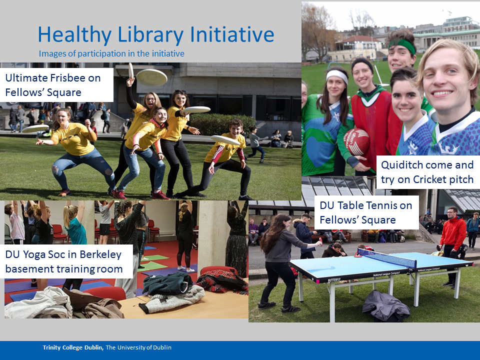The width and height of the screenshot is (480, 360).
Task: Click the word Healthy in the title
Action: click(x=74, y=35)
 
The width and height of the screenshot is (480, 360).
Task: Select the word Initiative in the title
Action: click(x=232, y=34)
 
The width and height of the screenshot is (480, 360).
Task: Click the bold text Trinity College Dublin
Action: click(x=73, y=347)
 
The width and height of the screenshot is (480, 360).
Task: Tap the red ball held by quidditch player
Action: click(x=356, y=141)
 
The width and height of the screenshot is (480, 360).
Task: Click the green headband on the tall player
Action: click(x=402, y=45)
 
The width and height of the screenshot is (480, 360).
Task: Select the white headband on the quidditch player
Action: click(x=336, y=75)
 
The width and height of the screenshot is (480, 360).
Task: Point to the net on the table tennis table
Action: click(x=386, y=257)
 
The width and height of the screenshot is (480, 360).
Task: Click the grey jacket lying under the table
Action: click(x=385, y=306)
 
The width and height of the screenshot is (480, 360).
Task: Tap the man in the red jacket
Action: click(x=452, y=246)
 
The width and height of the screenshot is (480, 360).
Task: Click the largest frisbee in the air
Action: click(x=151, y=77)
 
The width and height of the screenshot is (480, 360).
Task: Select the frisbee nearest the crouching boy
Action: click(x=225, y=140)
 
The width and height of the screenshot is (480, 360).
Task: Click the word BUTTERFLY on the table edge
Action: click(x=334, y=280)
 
